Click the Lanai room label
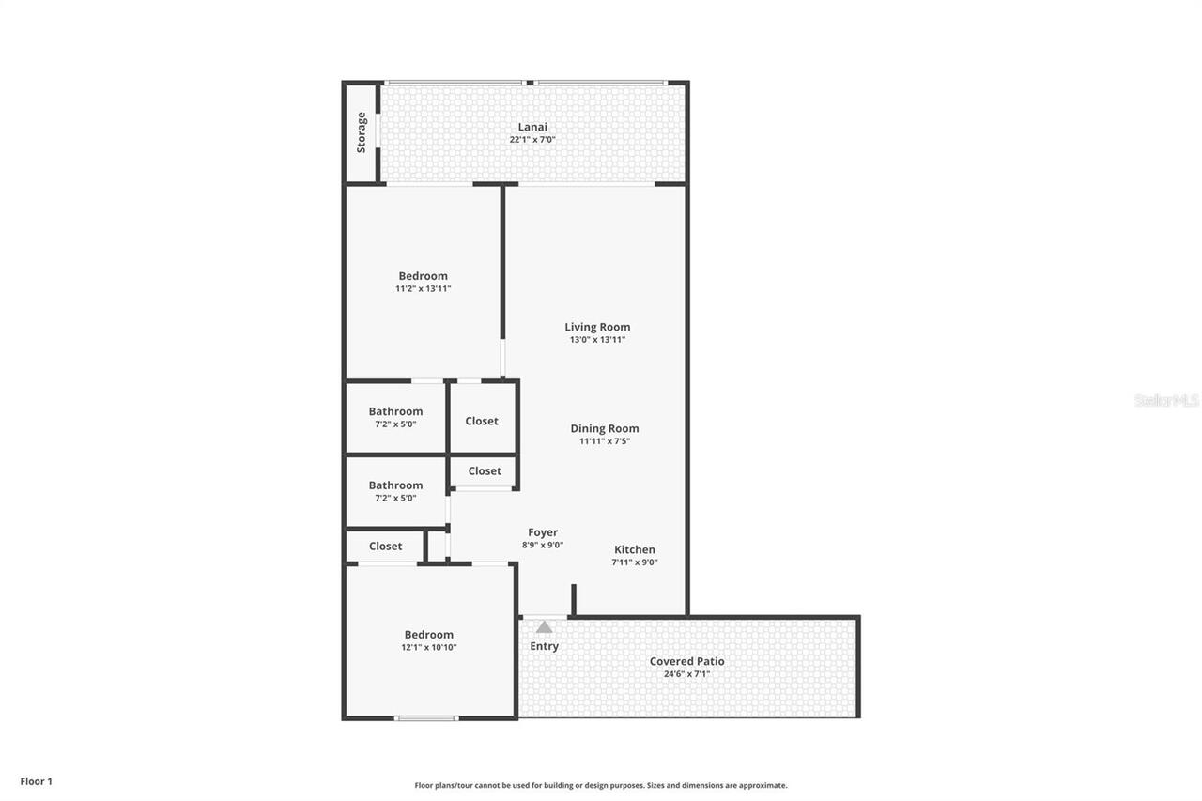[532, 127]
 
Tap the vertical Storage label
[362, 132]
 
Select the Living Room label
[597, 327]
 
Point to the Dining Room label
[605, 428]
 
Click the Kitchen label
[635, 549]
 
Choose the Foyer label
[543, 532]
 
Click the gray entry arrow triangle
[544, 626]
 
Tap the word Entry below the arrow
[544, 646]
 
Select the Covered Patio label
[686, 661]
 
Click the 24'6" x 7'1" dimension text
[686, 674]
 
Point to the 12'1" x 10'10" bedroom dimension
[428, 648]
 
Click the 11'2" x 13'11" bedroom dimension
[423, 289]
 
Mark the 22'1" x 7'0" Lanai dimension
[532, 140]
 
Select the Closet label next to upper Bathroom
[482, 421]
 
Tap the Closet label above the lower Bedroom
[385, 546]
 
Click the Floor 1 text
[37, 781]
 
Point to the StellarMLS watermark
[1166, 400]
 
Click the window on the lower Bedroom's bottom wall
[426, 718]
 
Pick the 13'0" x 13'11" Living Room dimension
[597, 340]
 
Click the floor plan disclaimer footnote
[601, 785]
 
